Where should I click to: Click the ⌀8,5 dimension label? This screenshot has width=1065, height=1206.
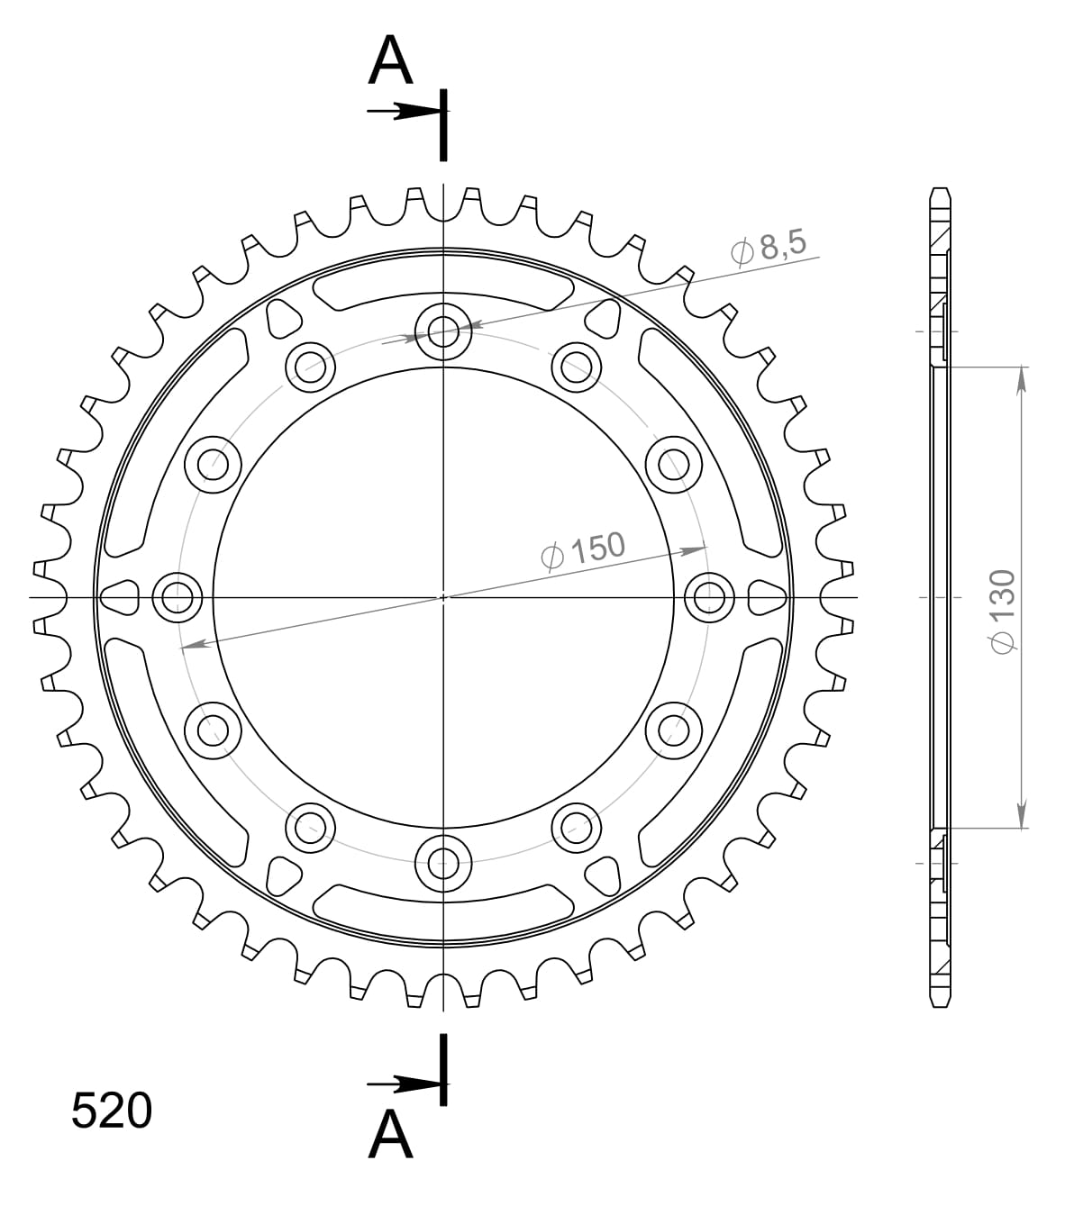[x=770, y=248]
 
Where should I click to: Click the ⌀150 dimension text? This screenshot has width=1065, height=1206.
[x=583, y=549]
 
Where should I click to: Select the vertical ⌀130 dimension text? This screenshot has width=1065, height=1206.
[x=1002, y=610]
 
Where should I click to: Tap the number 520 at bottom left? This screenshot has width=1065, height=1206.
[x=112, y=1111]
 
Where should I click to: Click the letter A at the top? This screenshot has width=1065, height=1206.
[x=390, y=62]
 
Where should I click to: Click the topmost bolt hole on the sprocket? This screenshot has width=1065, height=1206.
[x=443, y=331]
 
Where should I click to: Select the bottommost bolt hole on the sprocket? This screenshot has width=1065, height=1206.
[x=443, y=862]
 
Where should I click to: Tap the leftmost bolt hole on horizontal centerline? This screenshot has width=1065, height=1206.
[x=177, y=596]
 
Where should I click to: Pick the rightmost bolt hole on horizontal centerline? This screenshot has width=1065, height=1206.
[x=709, y=596]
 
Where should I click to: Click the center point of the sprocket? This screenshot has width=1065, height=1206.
[x=443, y=596]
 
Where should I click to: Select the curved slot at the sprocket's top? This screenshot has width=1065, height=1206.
[x=443, y=289]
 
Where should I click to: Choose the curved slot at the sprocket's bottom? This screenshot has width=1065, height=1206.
[x=443, y=903]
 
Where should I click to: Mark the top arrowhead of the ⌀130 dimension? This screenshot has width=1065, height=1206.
[x=1022, y=379]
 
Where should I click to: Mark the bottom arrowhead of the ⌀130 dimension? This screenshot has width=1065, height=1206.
[x=1022, y=814]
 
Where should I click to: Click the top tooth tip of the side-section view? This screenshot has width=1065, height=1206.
[x=939, y=191]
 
